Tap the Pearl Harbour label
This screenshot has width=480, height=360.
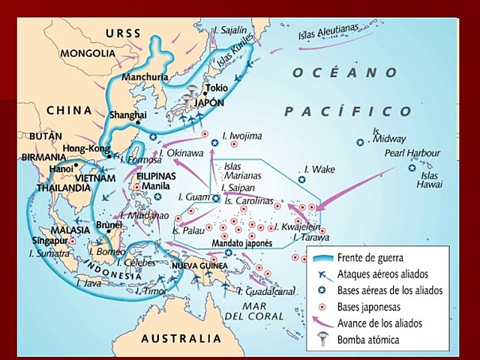(x=411, y=153)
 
